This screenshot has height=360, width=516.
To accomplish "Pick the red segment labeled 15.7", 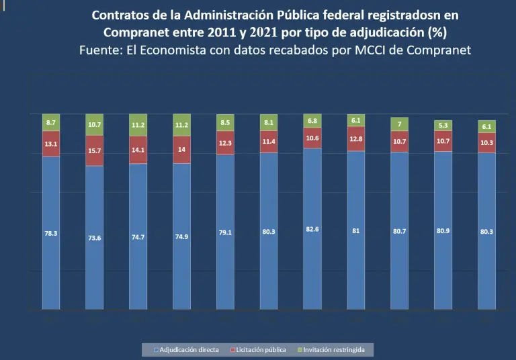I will [x=95, y=150].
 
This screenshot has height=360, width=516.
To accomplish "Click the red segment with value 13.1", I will [x=51, y=144].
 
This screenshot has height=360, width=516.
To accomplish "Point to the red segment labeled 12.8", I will [x=356, y=139].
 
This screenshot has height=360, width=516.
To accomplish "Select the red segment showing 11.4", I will [x=269, y=141].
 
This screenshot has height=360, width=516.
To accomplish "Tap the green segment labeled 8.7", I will [x=51, y=123].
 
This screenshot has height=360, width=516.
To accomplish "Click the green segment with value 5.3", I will [x=443, y=125].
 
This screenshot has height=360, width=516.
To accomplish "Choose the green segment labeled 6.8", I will [x=312, y=121].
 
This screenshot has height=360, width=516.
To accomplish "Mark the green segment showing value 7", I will [x=399, y=124].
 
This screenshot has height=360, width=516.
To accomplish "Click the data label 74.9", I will [x=182, y=237].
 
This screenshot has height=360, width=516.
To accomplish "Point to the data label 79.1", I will [x=225, y=233].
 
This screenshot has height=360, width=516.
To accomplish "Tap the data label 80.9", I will [x=443, y=232].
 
